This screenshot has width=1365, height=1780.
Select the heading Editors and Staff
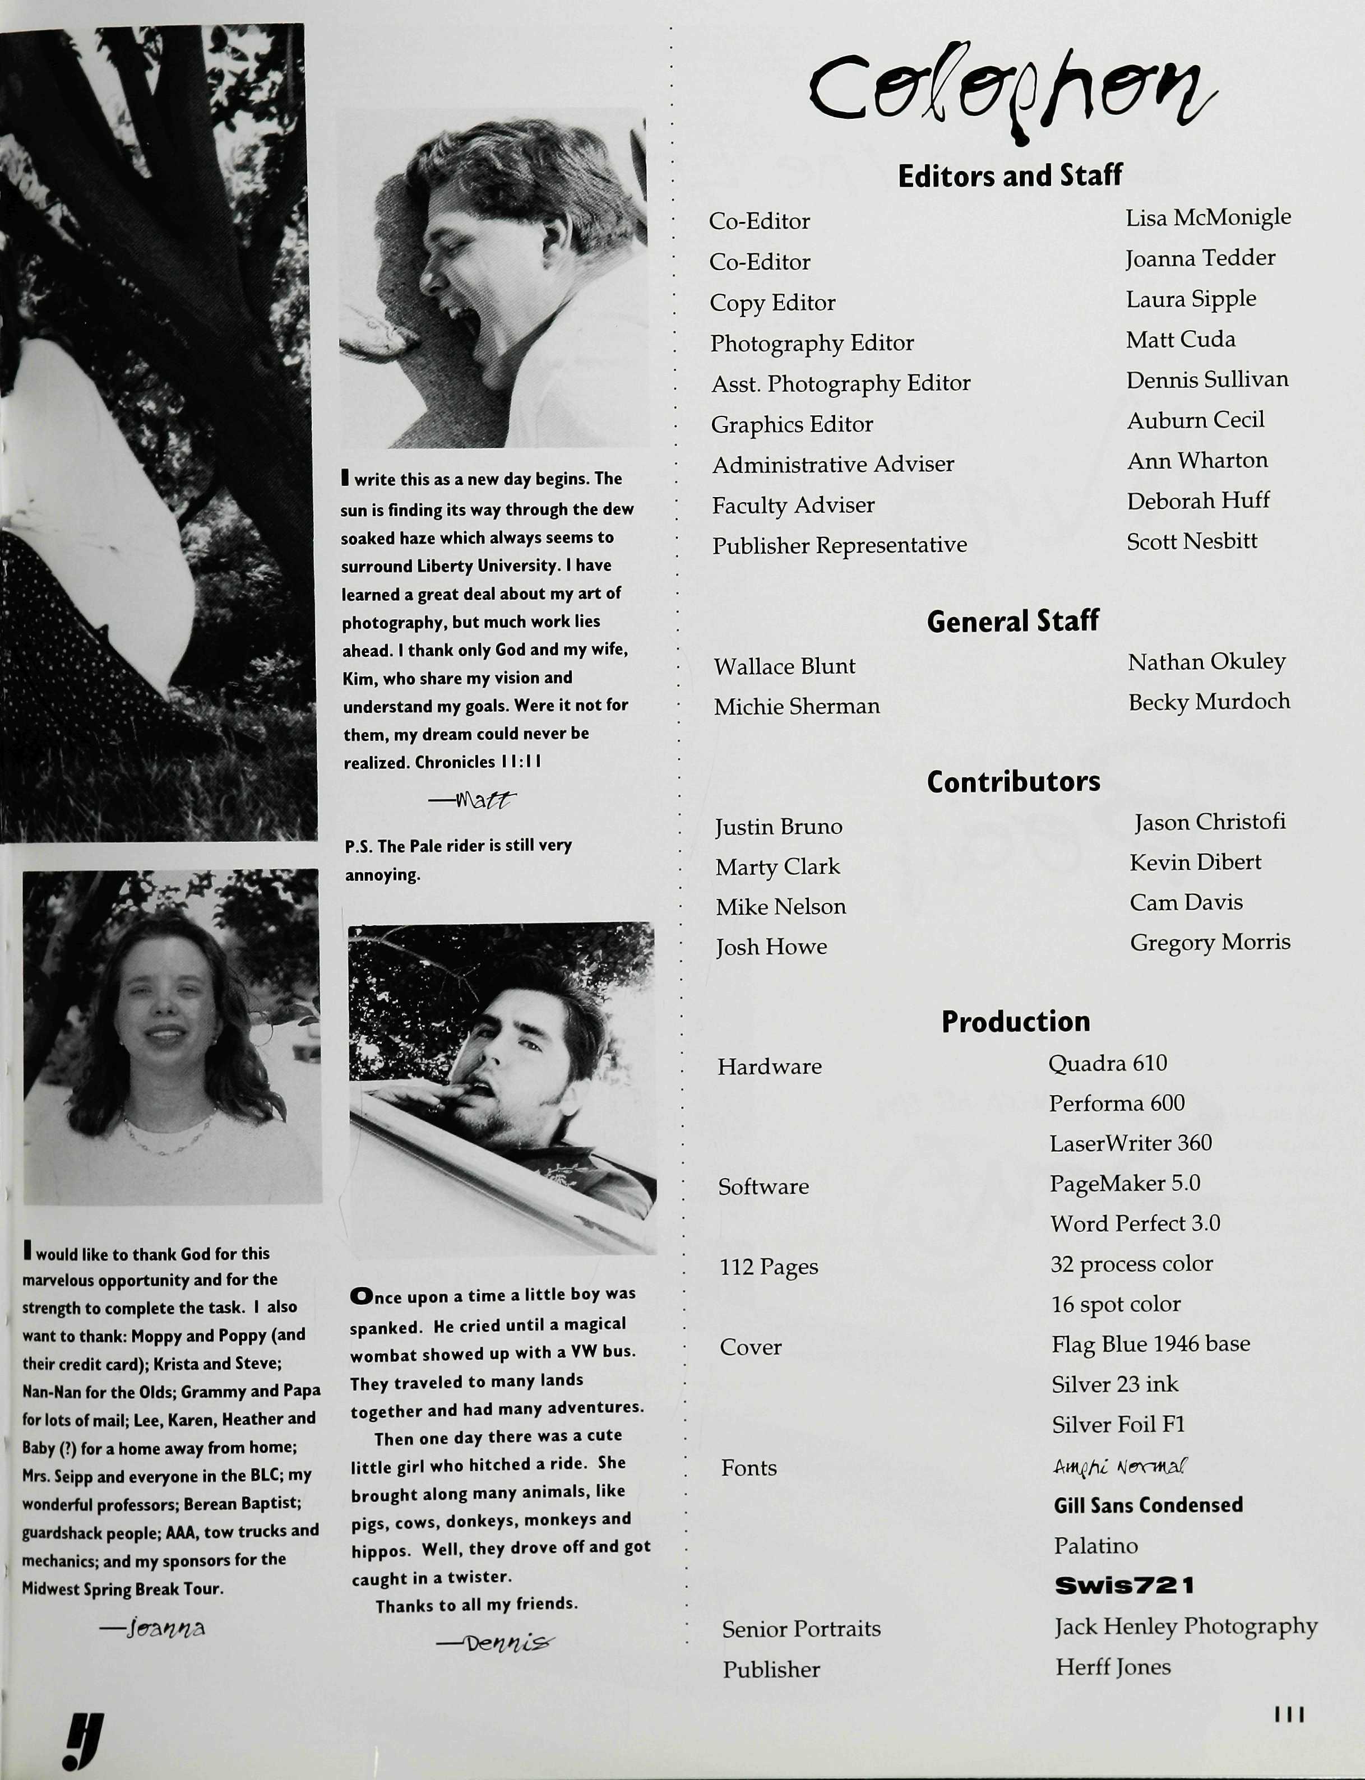[1010, 175]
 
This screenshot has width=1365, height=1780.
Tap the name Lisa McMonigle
[1207, 217]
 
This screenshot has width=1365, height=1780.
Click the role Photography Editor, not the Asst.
[812, 343]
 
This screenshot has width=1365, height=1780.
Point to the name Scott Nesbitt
[1191, 541]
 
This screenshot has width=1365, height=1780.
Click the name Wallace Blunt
[784, 666]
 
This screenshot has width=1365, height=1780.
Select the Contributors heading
[1013, 781]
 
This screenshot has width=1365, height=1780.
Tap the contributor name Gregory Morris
[1210, 942]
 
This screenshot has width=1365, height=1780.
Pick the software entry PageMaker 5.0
[1125, 1184]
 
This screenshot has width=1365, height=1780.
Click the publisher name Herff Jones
[1112, 1667]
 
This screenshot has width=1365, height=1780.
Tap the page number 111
[1289, 1714]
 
